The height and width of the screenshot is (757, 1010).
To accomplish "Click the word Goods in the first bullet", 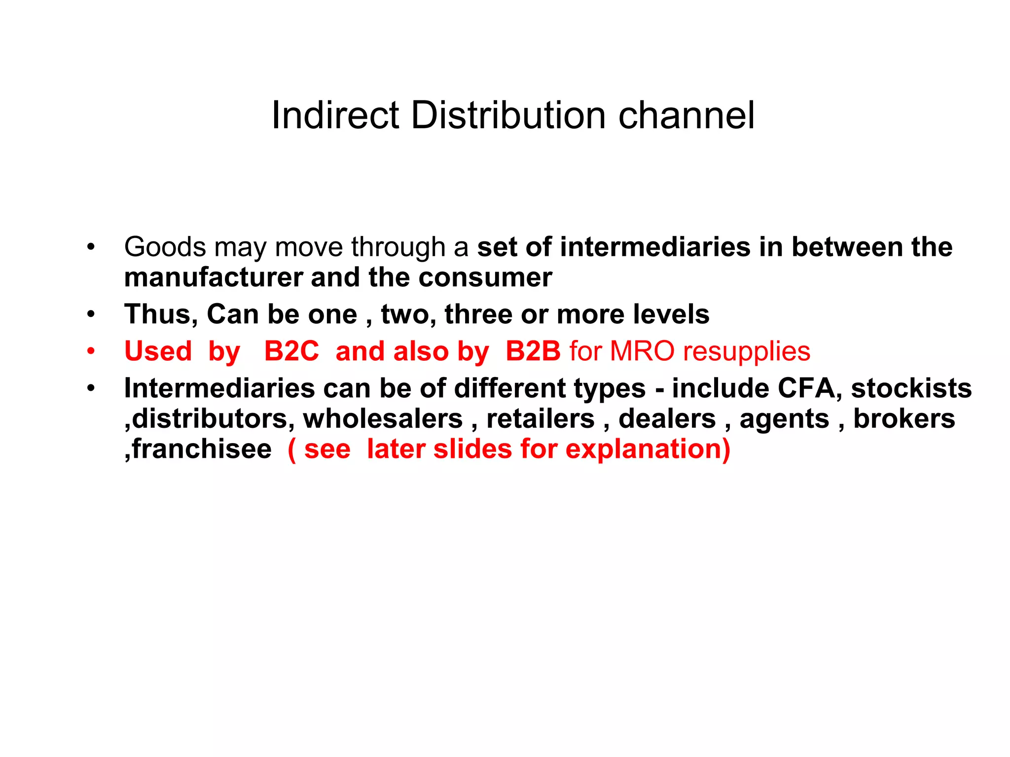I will click(x=165, y=247).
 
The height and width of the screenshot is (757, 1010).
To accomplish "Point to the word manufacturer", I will click(x=213, y=277).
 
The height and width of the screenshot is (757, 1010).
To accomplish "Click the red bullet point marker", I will click(x=91, y=351).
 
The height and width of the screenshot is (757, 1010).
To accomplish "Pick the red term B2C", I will click(x=291, y=351).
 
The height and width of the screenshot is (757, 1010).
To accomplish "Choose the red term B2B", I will click(x=533, y=351).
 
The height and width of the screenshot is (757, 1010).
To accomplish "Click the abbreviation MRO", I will click(x=642, y=351).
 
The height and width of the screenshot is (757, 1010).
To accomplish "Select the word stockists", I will click(x=911, y=388).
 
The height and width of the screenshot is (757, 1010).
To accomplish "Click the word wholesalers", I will click(x=383, y=419).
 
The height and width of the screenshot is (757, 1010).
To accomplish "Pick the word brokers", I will click(x=904, y=419).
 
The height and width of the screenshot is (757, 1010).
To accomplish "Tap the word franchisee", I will click(x=202, y=449).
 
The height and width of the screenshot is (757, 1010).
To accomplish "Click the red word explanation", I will click(x=647, y=449).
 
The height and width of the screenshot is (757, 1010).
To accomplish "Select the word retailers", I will click(x=541, y=419).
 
